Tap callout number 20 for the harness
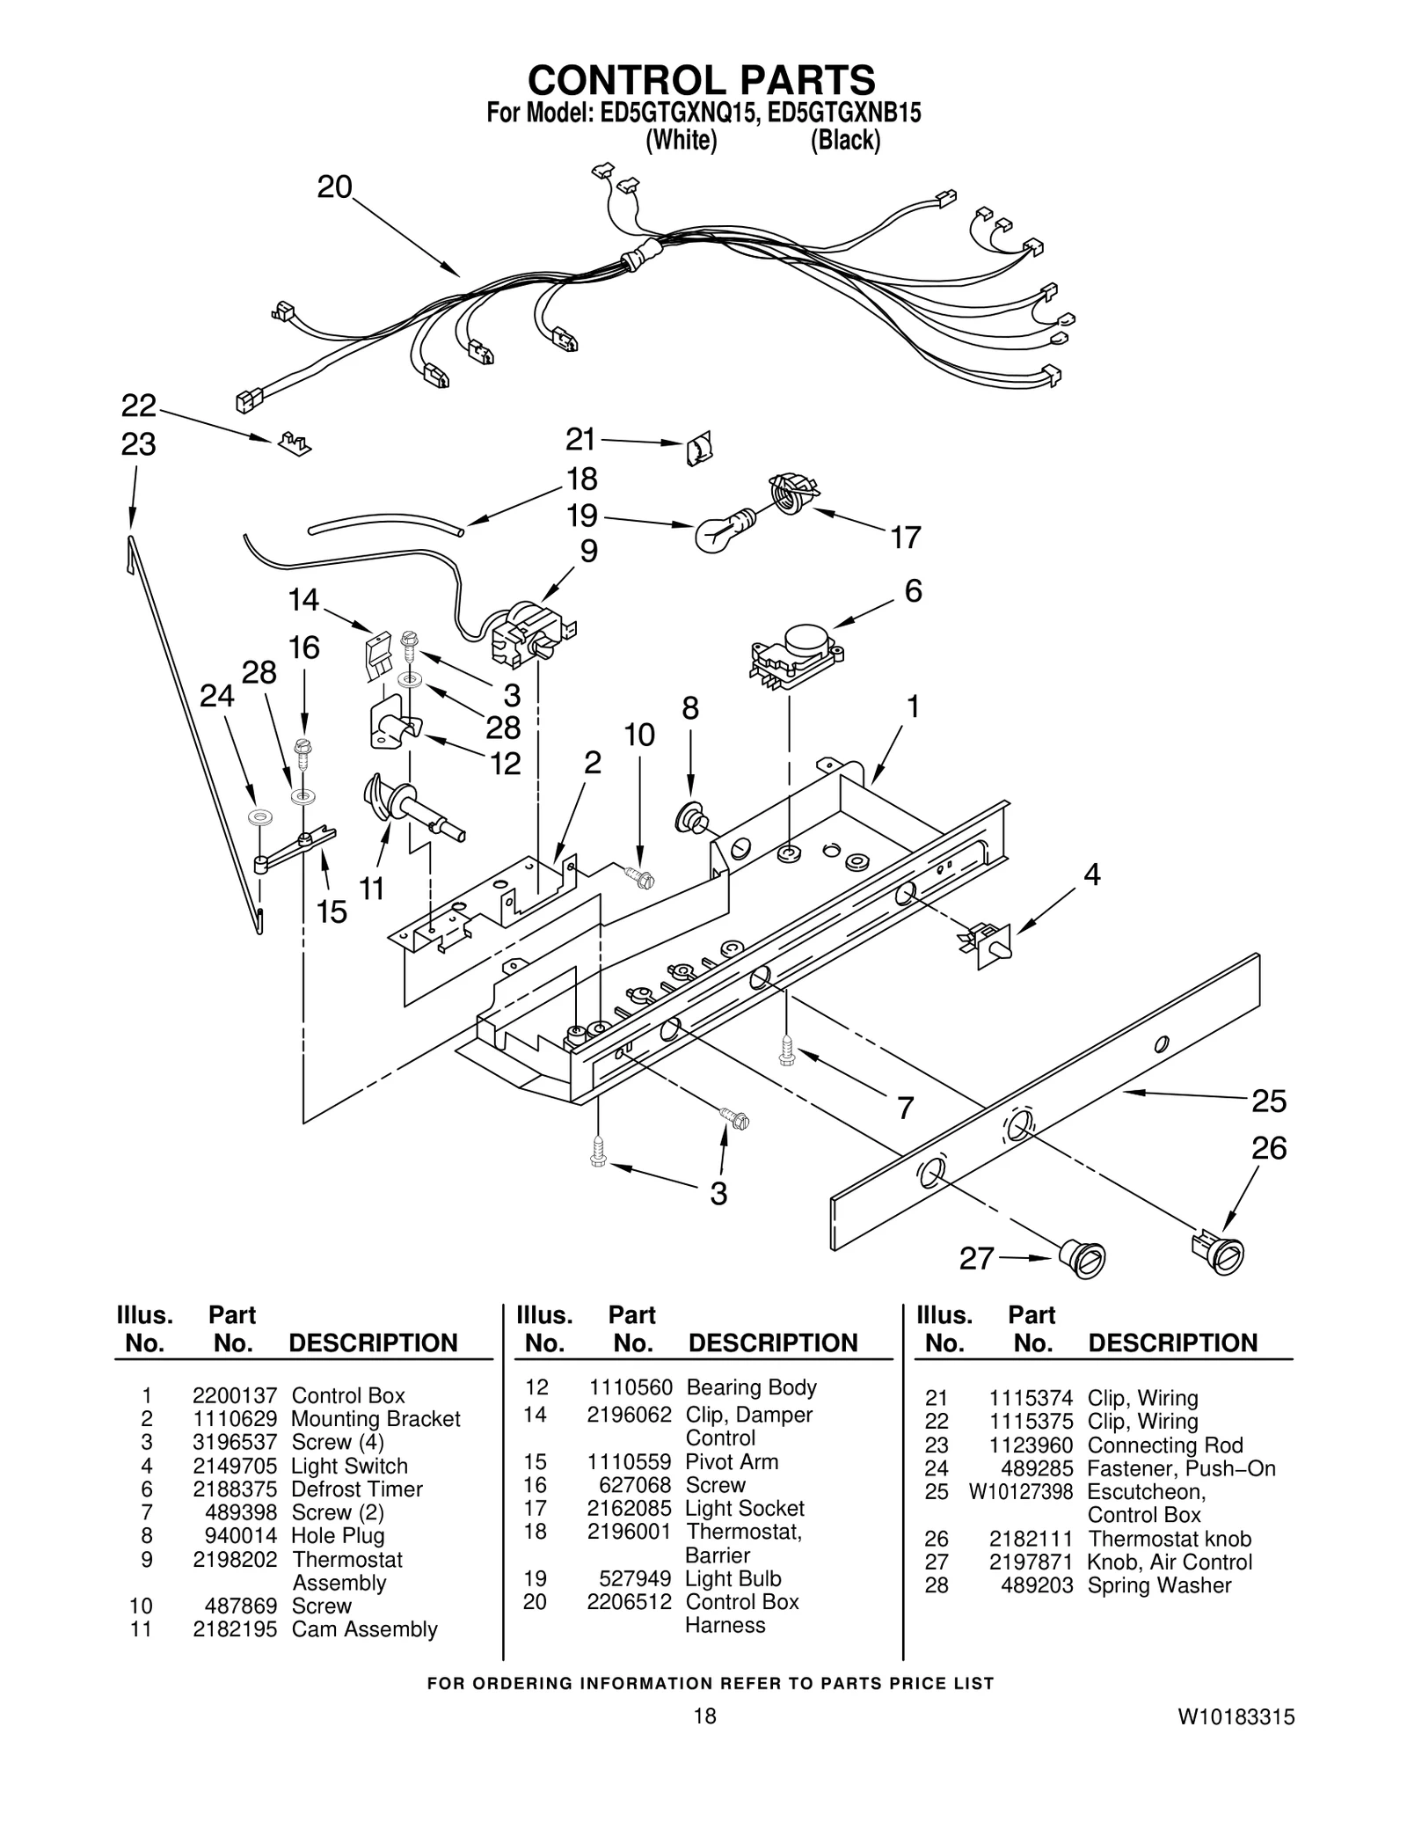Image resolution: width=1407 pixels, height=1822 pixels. click(334, 187)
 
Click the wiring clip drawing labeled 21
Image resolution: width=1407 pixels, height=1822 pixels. click(698, 450)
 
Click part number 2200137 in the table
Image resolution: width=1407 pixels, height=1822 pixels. click(235, 1395)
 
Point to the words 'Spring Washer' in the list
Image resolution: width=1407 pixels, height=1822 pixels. click(1159, 1584)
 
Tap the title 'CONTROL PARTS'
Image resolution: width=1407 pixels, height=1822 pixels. click(701, 79)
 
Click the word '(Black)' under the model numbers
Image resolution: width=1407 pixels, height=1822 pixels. click(844, 140)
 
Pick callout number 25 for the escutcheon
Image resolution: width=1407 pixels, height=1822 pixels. click(1268, 1101)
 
